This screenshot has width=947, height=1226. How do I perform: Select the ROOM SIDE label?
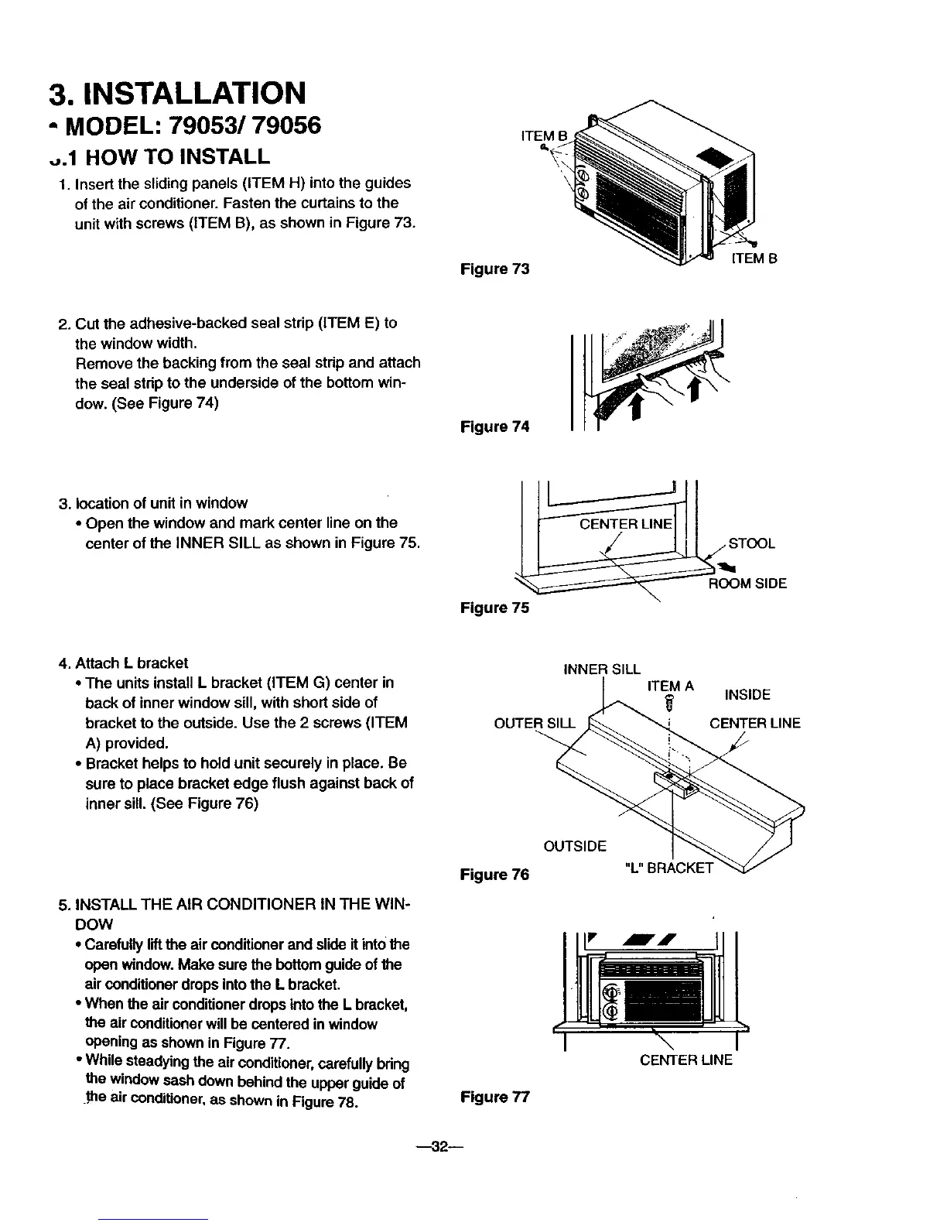(x=747, y=584)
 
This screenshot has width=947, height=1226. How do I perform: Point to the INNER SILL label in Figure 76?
(x=603, y=670)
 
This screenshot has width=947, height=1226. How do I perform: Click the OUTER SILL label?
(x=535, y=724)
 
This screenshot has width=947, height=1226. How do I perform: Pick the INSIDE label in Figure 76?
(x=747, y=694)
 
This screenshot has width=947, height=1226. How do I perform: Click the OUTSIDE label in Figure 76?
(x=575, y=845)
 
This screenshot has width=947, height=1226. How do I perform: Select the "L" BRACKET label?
(x=668, y=867)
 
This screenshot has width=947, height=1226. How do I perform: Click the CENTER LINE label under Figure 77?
(x=685, y=1060)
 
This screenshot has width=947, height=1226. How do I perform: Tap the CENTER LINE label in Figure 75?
(x=626, y=524)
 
